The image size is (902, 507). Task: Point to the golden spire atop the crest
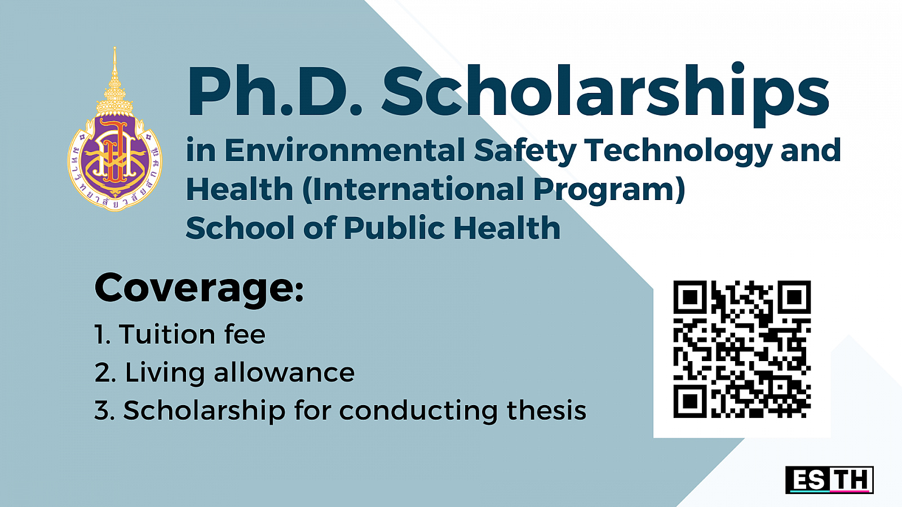tap(115, 81)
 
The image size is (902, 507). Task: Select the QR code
tap(742, 349)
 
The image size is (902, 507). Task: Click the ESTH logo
tap(829, 479)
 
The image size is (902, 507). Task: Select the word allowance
tap(284, 372)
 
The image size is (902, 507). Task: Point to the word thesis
tap(546, 410)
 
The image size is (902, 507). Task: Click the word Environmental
tap(344, 150)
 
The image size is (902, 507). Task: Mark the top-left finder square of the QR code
tap(690, 297)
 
